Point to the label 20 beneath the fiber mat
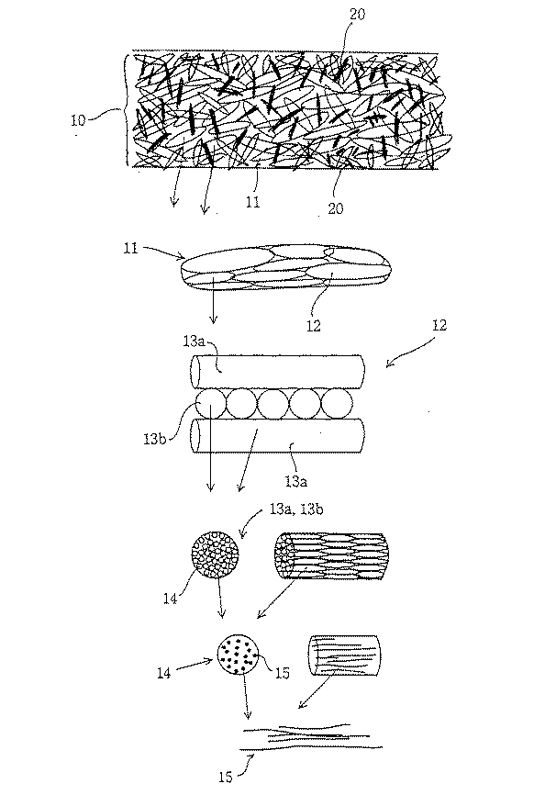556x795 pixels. [335, 208]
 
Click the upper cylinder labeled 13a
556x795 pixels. [278, 372]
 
